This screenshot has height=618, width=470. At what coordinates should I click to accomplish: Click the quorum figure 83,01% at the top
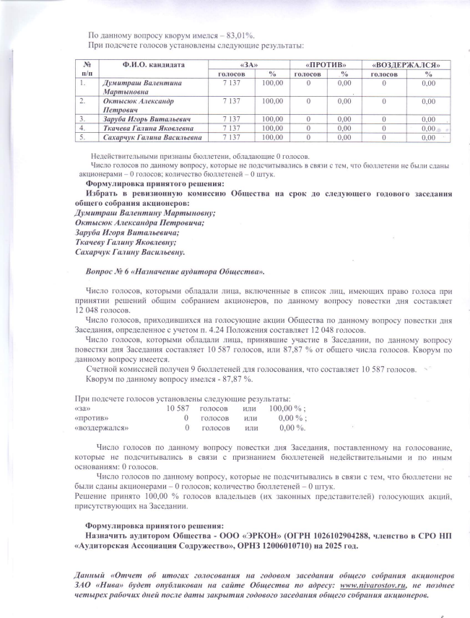click(240, 35)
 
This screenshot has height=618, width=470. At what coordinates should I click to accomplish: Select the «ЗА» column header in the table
click(248, 65)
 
